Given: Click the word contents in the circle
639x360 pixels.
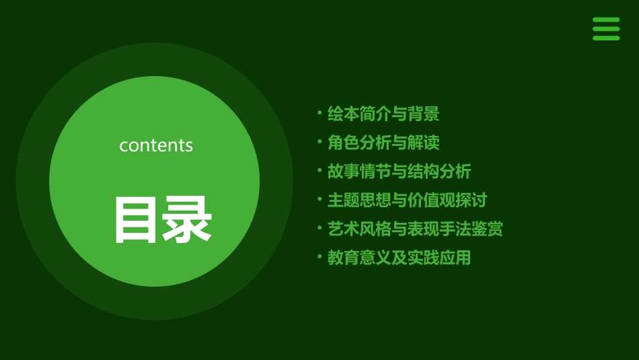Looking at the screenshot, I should point(156,145).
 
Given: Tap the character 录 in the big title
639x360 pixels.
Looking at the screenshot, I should point(186,219).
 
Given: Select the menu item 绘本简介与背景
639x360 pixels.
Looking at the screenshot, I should point(383,114).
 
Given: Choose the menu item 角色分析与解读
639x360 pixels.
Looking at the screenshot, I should point(383,143).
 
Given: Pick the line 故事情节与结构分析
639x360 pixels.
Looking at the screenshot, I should point(399,172).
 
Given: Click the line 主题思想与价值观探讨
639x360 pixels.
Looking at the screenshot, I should point(406,200).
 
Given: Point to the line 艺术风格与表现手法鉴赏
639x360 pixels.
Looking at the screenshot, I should point(414,229).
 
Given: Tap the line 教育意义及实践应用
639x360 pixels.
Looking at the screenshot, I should point(399,257).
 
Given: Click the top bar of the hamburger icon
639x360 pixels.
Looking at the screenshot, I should point(605,20).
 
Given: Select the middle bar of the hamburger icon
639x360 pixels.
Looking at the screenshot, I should point(605,29).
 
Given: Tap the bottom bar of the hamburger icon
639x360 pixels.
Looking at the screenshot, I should point(605,38).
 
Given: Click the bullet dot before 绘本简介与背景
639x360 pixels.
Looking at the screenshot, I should point(319,113).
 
